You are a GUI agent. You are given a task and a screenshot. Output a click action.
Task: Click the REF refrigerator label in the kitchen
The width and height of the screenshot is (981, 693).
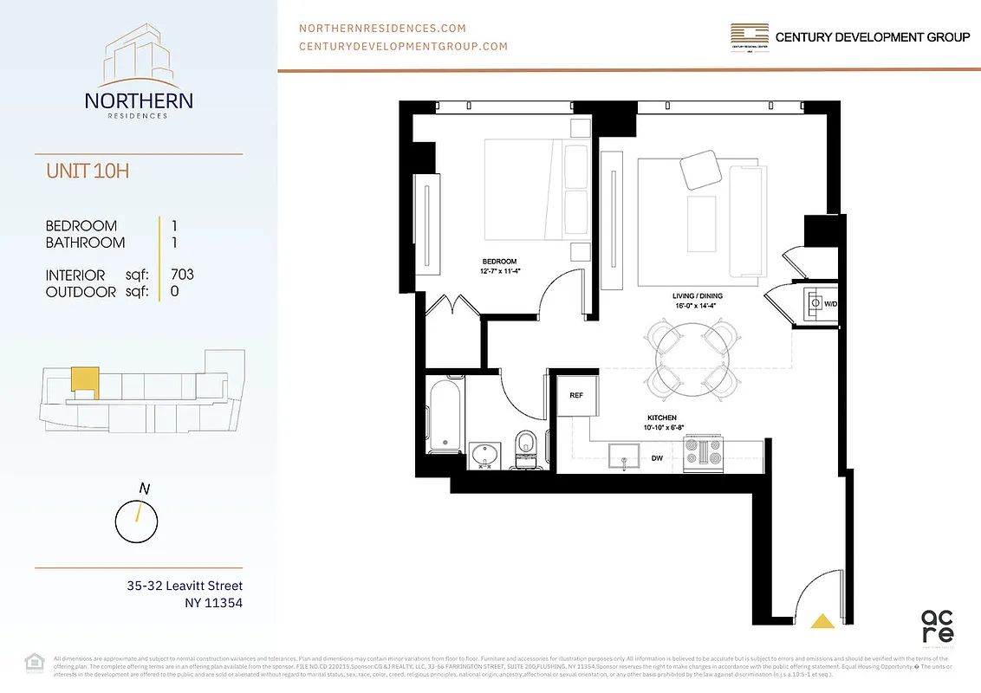[575, 394]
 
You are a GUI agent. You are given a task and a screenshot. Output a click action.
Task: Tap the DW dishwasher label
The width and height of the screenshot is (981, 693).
[658, 458]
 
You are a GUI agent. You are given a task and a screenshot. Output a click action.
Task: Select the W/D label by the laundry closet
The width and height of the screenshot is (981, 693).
[830, 304]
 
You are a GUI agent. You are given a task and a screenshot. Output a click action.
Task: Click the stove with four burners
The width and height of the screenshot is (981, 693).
[703, 453]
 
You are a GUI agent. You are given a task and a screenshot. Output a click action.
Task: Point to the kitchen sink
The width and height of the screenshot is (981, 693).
[622, 456]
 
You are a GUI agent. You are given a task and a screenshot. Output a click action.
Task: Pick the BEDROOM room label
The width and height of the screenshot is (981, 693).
[499, 262]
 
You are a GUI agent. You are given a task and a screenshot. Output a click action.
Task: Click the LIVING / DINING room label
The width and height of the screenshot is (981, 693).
[697, 296]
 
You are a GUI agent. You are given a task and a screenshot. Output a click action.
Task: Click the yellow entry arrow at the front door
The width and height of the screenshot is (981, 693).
[821, 619]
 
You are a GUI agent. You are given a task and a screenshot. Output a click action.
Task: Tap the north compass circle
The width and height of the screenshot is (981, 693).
[137, 521]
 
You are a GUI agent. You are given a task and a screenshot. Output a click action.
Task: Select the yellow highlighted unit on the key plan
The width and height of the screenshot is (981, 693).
[83, 380]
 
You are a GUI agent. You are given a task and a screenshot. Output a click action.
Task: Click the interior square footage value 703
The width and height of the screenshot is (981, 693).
[182, 275]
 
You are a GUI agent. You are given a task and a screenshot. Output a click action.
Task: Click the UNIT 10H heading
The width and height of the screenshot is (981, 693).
[88, 171]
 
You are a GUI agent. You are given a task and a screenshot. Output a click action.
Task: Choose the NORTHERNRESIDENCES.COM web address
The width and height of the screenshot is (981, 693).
[382, 29]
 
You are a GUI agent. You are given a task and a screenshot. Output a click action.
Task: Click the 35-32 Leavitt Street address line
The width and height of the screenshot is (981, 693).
[185, 586]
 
